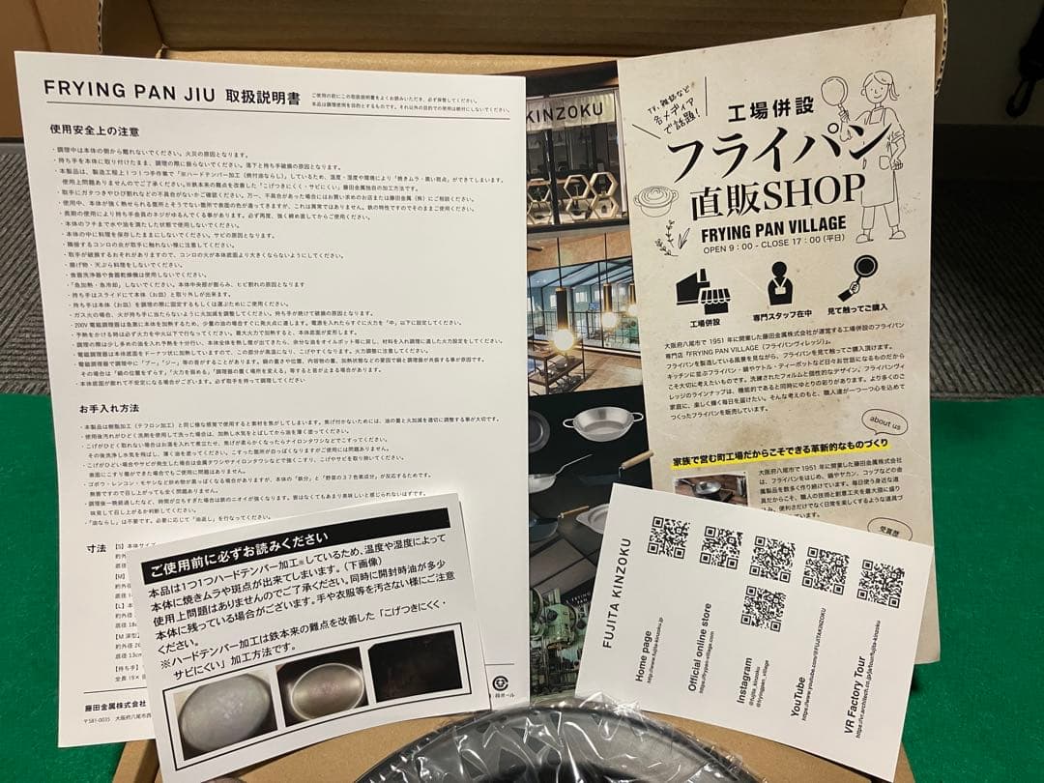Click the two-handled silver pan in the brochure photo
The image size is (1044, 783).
coord(602,422)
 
